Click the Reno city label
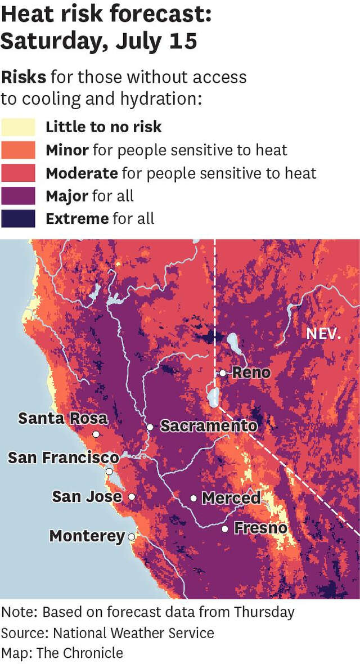pyautogui.click(x=251, y=373)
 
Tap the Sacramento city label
pyautogui.click(x=209, y=426)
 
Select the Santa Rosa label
pyautogui.click(x=62, y=419)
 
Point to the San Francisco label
pyautogui.click(x=63, y=458)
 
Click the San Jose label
pyautogui.click(x=87, y=496)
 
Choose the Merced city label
pyautogui.click(x=231, y=498)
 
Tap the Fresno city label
pyautogui.click(x=260, y=528)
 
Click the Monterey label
pyautogui.click(x=87, y=536)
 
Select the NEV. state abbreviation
pyautogui.click(x=323, y=333)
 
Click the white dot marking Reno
pyautogui.click(x=223, y=373)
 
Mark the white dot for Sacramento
pyautogui.click(x=150, y=427)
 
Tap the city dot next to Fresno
pyautogui.click(x=224, y=528)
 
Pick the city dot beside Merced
pyautogui.click(x=193, y=498)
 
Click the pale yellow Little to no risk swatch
pyautogui.click(x=18, y=127)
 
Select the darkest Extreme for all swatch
pyautogui.click(x=18, y=218)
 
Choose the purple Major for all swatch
pyautogui.click(x=18, y=196)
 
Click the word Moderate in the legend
pyautogui.click(x=82, y=173)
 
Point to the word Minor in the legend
pyautogui.click(x=67, y=150)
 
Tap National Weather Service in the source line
pyautogui.click(x=133, y=632)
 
